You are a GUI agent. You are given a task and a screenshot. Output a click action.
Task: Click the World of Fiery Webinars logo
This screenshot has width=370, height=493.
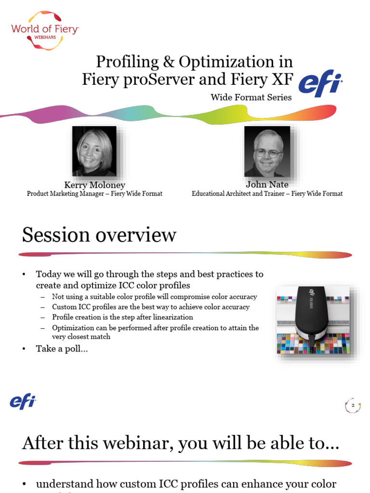(44, 30)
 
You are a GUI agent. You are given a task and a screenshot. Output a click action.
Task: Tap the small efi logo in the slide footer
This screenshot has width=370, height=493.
(23, 401)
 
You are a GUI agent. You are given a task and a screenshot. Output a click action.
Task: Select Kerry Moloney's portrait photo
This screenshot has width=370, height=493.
(94, 151)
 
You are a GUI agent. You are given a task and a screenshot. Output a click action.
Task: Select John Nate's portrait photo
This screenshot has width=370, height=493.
(267, 151)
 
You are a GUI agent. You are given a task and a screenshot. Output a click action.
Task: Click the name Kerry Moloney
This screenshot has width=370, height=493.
(94, 185)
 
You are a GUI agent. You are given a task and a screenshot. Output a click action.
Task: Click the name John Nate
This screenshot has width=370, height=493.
(267, 184)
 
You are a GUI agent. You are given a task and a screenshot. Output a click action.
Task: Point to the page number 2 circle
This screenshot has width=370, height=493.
(353, 406)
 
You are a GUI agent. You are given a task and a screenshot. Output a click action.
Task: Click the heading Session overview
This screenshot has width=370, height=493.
(99, 235)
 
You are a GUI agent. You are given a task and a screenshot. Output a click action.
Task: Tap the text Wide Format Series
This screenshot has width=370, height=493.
(251, 97)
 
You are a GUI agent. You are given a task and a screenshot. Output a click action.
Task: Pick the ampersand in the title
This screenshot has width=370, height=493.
(169, 62)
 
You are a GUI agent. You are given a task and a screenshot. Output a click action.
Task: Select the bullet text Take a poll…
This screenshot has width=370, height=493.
(62, 349)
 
